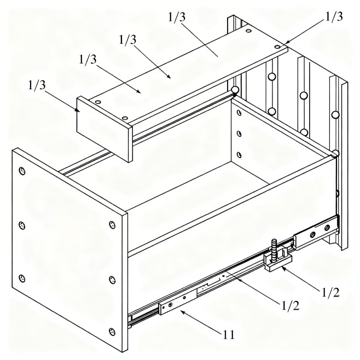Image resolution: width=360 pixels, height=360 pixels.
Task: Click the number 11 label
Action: tap(229, 335)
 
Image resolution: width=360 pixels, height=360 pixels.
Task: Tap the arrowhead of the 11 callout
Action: tap(183, 312)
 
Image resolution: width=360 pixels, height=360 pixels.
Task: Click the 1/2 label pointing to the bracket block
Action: tap(330, 292)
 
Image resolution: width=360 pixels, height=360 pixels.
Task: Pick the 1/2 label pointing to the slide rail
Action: tap(291, 306)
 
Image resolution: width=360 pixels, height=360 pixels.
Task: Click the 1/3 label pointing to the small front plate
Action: tap(37, 85)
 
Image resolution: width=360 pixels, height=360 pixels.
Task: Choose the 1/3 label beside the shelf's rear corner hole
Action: tap(334, 16)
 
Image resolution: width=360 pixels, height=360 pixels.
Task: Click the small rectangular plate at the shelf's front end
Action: tap(104, 129)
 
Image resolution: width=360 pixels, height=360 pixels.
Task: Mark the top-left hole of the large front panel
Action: tap(22, 171)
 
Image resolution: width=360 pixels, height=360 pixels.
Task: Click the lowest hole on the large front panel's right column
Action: tap(112, 332)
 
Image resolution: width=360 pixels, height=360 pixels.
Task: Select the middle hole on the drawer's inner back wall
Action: tap(239, 133)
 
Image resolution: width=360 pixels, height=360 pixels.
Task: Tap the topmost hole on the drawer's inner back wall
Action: tap(239, 113)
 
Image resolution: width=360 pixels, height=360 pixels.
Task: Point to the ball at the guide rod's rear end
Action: tap(235, 90)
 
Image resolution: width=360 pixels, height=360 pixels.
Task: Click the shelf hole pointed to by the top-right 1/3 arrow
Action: tap(277, 47)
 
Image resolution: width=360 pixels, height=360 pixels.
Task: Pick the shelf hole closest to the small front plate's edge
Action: tap(125, 118)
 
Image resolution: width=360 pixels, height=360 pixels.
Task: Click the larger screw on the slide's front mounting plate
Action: tap(170, 305)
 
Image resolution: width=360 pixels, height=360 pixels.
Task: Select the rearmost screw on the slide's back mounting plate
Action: tap(327, 228)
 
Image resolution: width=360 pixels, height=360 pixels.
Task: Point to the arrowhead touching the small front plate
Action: tap(78, 110)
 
